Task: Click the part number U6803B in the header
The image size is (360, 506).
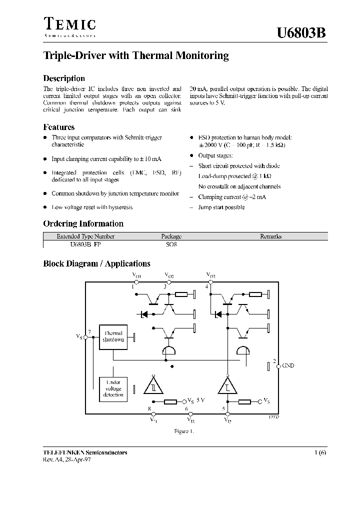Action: (x=302, y=33)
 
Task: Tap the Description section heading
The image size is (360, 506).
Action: (x=64, y=78)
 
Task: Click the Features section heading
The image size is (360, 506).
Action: (x=59, y=127)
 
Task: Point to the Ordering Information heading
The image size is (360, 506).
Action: (x=83, y=223)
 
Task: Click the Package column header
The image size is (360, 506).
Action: (x=171, y=236)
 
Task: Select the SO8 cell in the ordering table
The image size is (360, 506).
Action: (x=171, y=245)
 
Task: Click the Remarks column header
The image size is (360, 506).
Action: (x=270, y=236)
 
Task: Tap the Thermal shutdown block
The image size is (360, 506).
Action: (x=113, y=336)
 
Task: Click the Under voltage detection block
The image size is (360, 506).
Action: (x=113, y=388)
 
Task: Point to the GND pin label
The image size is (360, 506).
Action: (x=288, y=365)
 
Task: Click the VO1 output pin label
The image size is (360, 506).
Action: (x=136, y=275)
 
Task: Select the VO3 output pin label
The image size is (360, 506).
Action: (x=210, y=275)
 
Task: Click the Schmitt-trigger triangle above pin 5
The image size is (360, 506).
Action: (x=227, y=385)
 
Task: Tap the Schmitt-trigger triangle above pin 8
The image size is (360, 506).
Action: (x=153, y=385)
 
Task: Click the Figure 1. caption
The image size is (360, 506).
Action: (x=183, y=430)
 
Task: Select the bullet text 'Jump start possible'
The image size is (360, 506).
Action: (x=221, y=207)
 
